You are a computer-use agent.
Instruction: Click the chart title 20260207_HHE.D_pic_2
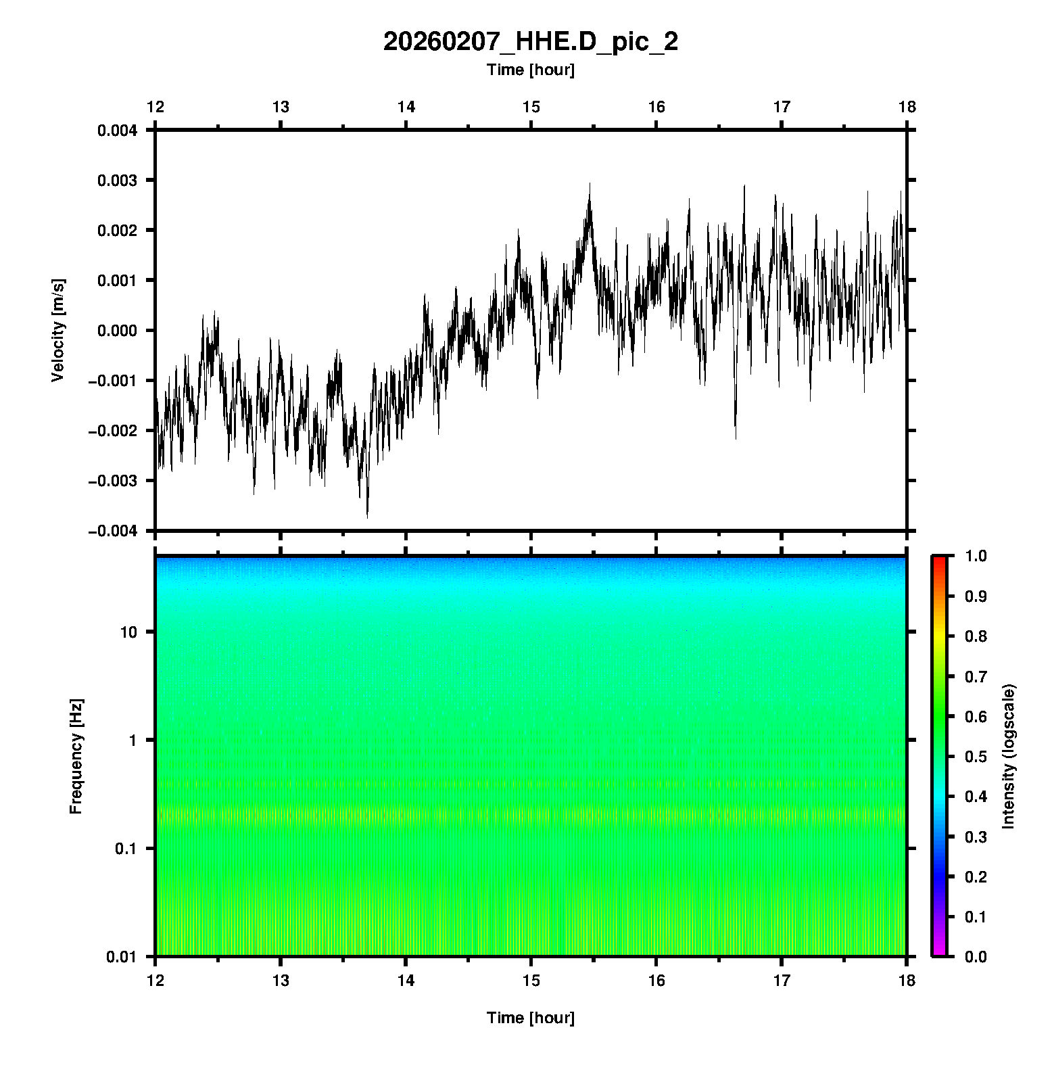pos(530,42)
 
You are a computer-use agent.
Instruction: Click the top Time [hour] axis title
pos(530,70)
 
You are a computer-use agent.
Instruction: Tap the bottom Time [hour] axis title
pos(530,1018)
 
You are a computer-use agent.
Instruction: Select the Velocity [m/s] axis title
pos(58,330)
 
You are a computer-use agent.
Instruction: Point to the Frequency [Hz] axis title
pos(76,757)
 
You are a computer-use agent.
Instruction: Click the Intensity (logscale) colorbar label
pos(1009,756)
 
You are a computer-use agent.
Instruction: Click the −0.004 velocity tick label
pos(113,531)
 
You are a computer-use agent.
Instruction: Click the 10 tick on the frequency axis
pos(128,632)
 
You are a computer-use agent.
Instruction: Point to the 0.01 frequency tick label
pos(122,957)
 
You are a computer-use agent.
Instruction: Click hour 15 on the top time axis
pos(531,107)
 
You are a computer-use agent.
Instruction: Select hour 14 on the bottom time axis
pos(406,981)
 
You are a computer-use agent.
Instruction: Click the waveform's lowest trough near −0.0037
pos(367,517)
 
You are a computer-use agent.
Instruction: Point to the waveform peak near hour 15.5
pos(590,183)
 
